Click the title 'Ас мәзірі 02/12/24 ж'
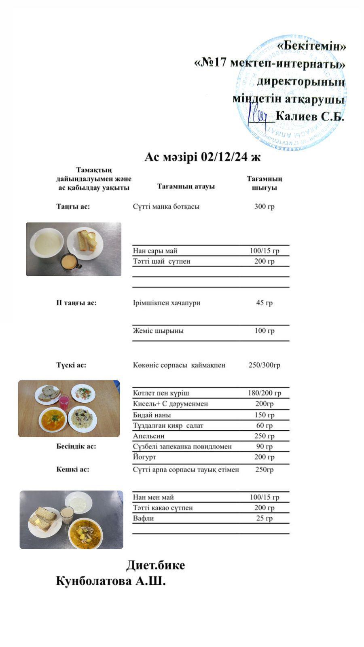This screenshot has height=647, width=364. pyautogui.click(x=202, y=157)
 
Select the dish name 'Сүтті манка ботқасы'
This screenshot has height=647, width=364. pyautogui.click(x=166, y=207)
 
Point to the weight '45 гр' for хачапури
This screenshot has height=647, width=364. pyautogui.click(x=264, y=303)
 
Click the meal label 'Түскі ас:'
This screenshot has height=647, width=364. pyautogui.click(x=71, y=365)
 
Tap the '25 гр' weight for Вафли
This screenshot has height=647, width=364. pyautogui.click(x=264, y=518)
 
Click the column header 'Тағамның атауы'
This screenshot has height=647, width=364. pyautogui.click(x=186, y=186)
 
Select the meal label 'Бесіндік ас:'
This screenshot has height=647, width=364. pyautogui.click(x=76, y=446)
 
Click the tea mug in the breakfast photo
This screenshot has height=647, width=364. pyautogui.click(x=69, y=261)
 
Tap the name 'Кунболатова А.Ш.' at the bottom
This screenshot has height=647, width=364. pyautogui.click(x=111, y=581)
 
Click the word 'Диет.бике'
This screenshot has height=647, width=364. pyautogui.click(x=156, y=565)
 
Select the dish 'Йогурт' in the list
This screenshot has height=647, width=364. pyautogui.click(x=144, y=457)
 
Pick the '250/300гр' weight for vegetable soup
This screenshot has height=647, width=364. pyautogui.click(x=264, y=365)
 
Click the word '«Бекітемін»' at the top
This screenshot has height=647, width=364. pyautogui.click(x=311, y=46)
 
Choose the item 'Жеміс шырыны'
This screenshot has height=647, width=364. pyautogui.click(x=158, y=331)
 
